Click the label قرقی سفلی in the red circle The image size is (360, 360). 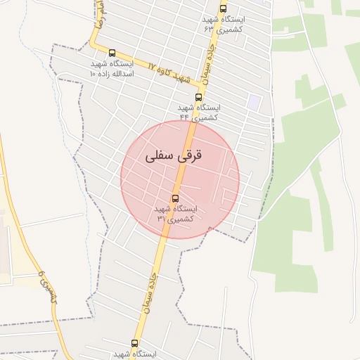coord(173,156)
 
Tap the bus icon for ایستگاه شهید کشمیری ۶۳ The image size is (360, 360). coord(223,9)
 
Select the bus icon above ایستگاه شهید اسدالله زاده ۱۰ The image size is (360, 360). coord(112,53)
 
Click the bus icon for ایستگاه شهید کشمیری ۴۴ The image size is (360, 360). coord(198,97)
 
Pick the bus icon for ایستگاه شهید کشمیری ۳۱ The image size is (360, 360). coord(175,198)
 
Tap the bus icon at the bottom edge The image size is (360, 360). coord(134,343)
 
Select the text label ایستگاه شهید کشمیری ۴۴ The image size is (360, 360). coord(198,112)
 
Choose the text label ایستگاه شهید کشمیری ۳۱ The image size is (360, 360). coord(175,214)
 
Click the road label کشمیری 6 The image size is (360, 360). coord(49,286)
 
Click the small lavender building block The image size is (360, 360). coord(253,102)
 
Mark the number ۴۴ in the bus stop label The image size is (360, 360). coord(184,117)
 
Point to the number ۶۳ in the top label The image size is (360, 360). coord(209,30)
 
